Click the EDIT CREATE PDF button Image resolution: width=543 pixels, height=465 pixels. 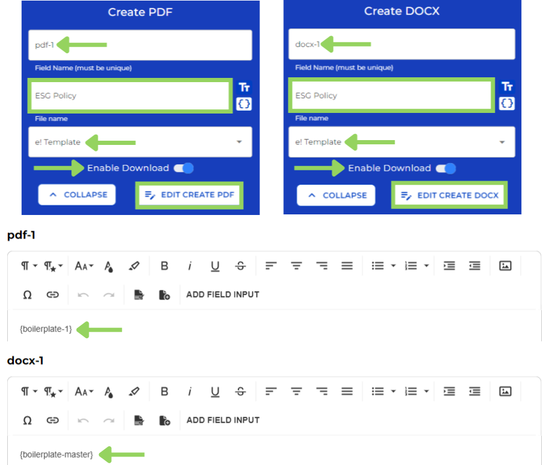point(189,195)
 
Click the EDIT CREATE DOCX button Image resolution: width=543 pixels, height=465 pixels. point(450,196)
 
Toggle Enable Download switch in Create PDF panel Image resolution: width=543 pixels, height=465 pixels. point(183,168)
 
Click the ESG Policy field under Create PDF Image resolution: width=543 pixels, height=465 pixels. point(129,95)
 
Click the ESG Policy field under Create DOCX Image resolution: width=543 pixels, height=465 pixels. point(391,95)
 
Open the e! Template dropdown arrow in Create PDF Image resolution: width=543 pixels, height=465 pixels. point(240,142)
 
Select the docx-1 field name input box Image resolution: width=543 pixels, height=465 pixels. point(401,44)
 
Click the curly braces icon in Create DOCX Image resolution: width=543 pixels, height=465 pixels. point(507,103)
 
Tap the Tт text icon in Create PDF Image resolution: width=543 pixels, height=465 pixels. point(244,87)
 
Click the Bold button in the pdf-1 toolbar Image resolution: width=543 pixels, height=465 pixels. point(164,266)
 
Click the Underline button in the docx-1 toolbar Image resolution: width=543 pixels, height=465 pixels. point(215,391)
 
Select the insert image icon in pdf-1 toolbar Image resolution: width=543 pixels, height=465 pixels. point(506,266)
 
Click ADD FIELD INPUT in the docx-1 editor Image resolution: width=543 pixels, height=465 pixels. point(223,420)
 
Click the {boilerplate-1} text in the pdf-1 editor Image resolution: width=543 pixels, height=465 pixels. point(46,329)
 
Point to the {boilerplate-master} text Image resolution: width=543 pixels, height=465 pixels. point(57,454)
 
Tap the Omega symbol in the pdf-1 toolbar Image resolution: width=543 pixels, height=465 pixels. point(27,295)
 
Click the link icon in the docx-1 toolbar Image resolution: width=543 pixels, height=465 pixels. point(53,420)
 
